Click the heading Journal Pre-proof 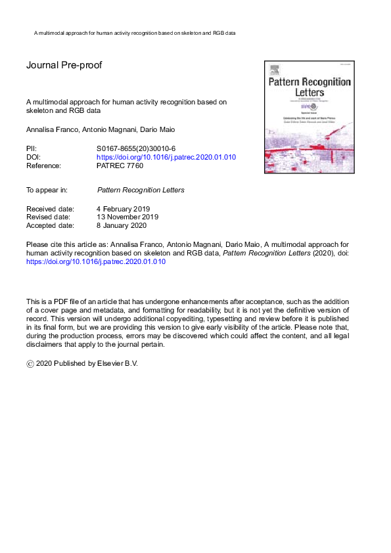tap(64, 66)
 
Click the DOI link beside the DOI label tap(166, 158)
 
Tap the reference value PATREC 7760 tap(120, 166)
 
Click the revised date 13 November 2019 tap(127, 217)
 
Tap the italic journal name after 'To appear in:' tap(141, 190)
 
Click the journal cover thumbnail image tap(309, 118)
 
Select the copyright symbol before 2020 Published tap(30, 363)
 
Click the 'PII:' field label tap(32, 149)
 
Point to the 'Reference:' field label tap(43, 166)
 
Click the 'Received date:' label tap(50, 209)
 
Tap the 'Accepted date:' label tap(50, 225)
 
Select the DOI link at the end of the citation tap(96, 261)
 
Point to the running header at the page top tap(134, 32)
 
